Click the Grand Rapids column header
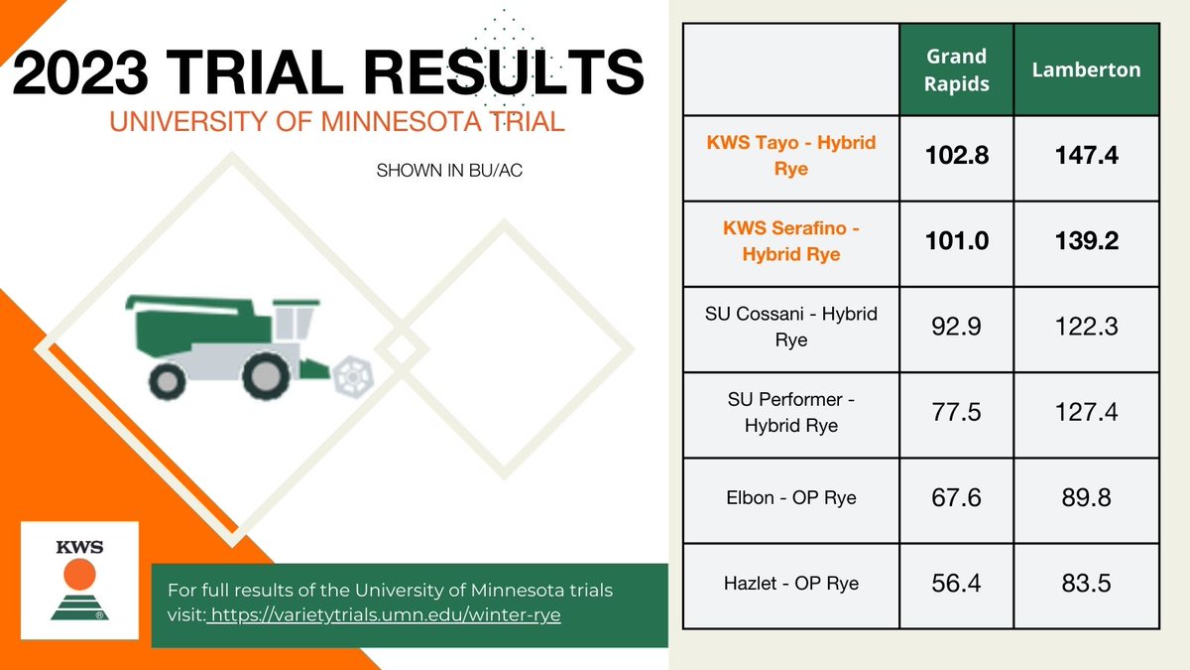pos(956,69)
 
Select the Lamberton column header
pos(1086,69)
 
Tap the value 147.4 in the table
pos(1086,156)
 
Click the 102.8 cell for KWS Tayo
pos(956,156)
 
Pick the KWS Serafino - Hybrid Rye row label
pos(790,241)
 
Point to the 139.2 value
pos(1086,241)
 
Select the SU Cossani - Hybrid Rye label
pos(790,327)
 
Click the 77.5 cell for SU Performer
pos(956,412)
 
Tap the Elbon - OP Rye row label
pos(790,497)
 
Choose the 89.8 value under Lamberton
pos(1086,497)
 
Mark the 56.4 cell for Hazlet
pos(956,583)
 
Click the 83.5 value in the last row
pos(1086,583)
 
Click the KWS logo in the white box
pos(79,581)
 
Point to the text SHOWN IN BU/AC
pos(448,171)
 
